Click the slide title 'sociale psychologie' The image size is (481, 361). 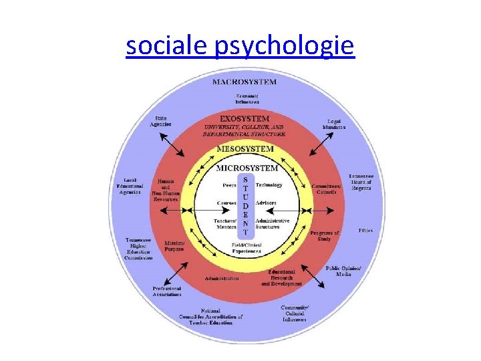(240, 45)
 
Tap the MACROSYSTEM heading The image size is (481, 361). (244, 82)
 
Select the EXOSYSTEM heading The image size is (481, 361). (245, 119)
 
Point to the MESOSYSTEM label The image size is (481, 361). (245, 148)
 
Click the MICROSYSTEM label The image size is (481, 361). (246, 167)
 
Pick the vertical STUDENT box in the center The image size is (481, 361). (245, 206)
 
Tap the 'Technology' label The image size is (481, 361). (269, 185)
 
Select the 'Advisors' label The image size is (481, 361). (266, 202)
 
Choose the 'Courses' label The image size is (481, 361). (226, 202)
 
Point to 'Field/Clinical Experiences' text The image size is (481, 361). (247, 249)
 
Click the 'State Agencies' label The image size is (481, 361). (160, 121)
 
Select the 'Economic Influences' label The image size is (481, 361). (247, 99)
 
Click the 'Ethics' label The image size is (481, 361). (365, 231)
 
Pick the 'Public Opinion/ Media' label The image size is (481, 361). (343, 271)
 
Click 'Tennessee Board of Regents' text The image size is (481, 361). (361, 182)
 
